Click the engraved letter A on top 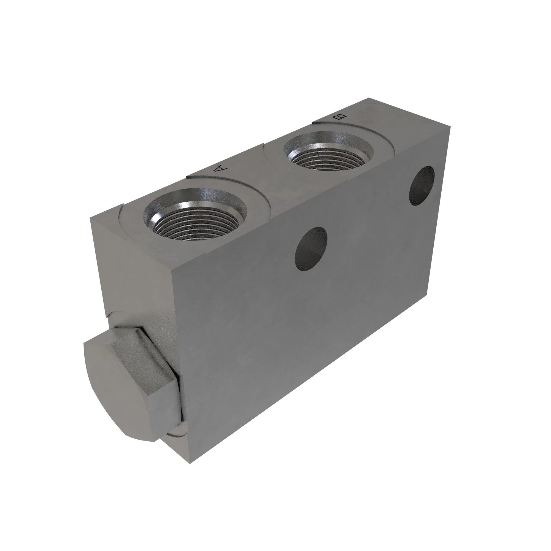point(221,169)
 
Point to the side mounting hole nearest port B point(422,185)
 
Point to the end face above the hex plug point(134,268)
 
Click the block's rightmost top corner point(450,127)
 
